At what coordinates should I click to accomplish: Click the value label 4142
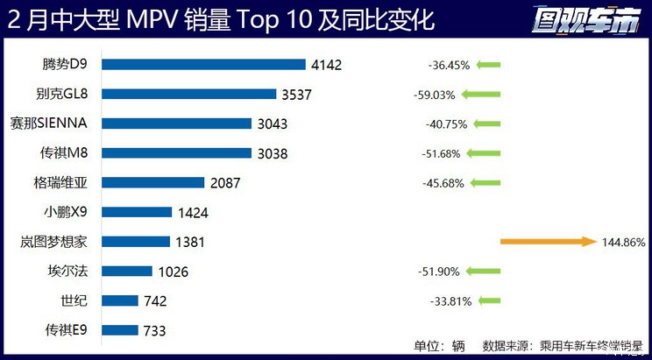click(x=325, y=64)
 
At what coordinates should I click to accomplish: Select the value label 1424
click(x=193, y=212)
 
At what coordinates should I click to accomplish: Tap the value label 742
click(x=154, y=301)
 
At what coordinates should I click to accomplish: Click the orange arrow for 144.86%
click(x=548, y=242)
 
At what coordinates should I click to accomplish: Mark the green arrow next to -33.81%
click(x=489, y=301)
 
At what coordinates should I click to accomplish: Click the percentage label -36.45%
click(x=449, y=65)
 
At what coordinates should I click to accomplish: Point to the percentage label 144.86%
click(x=624, y=242)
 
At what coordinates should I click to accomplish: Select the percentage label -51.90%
click(x=441, y=272)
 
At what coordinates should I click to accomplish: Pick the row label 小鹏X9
click(x=74, y=212)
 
